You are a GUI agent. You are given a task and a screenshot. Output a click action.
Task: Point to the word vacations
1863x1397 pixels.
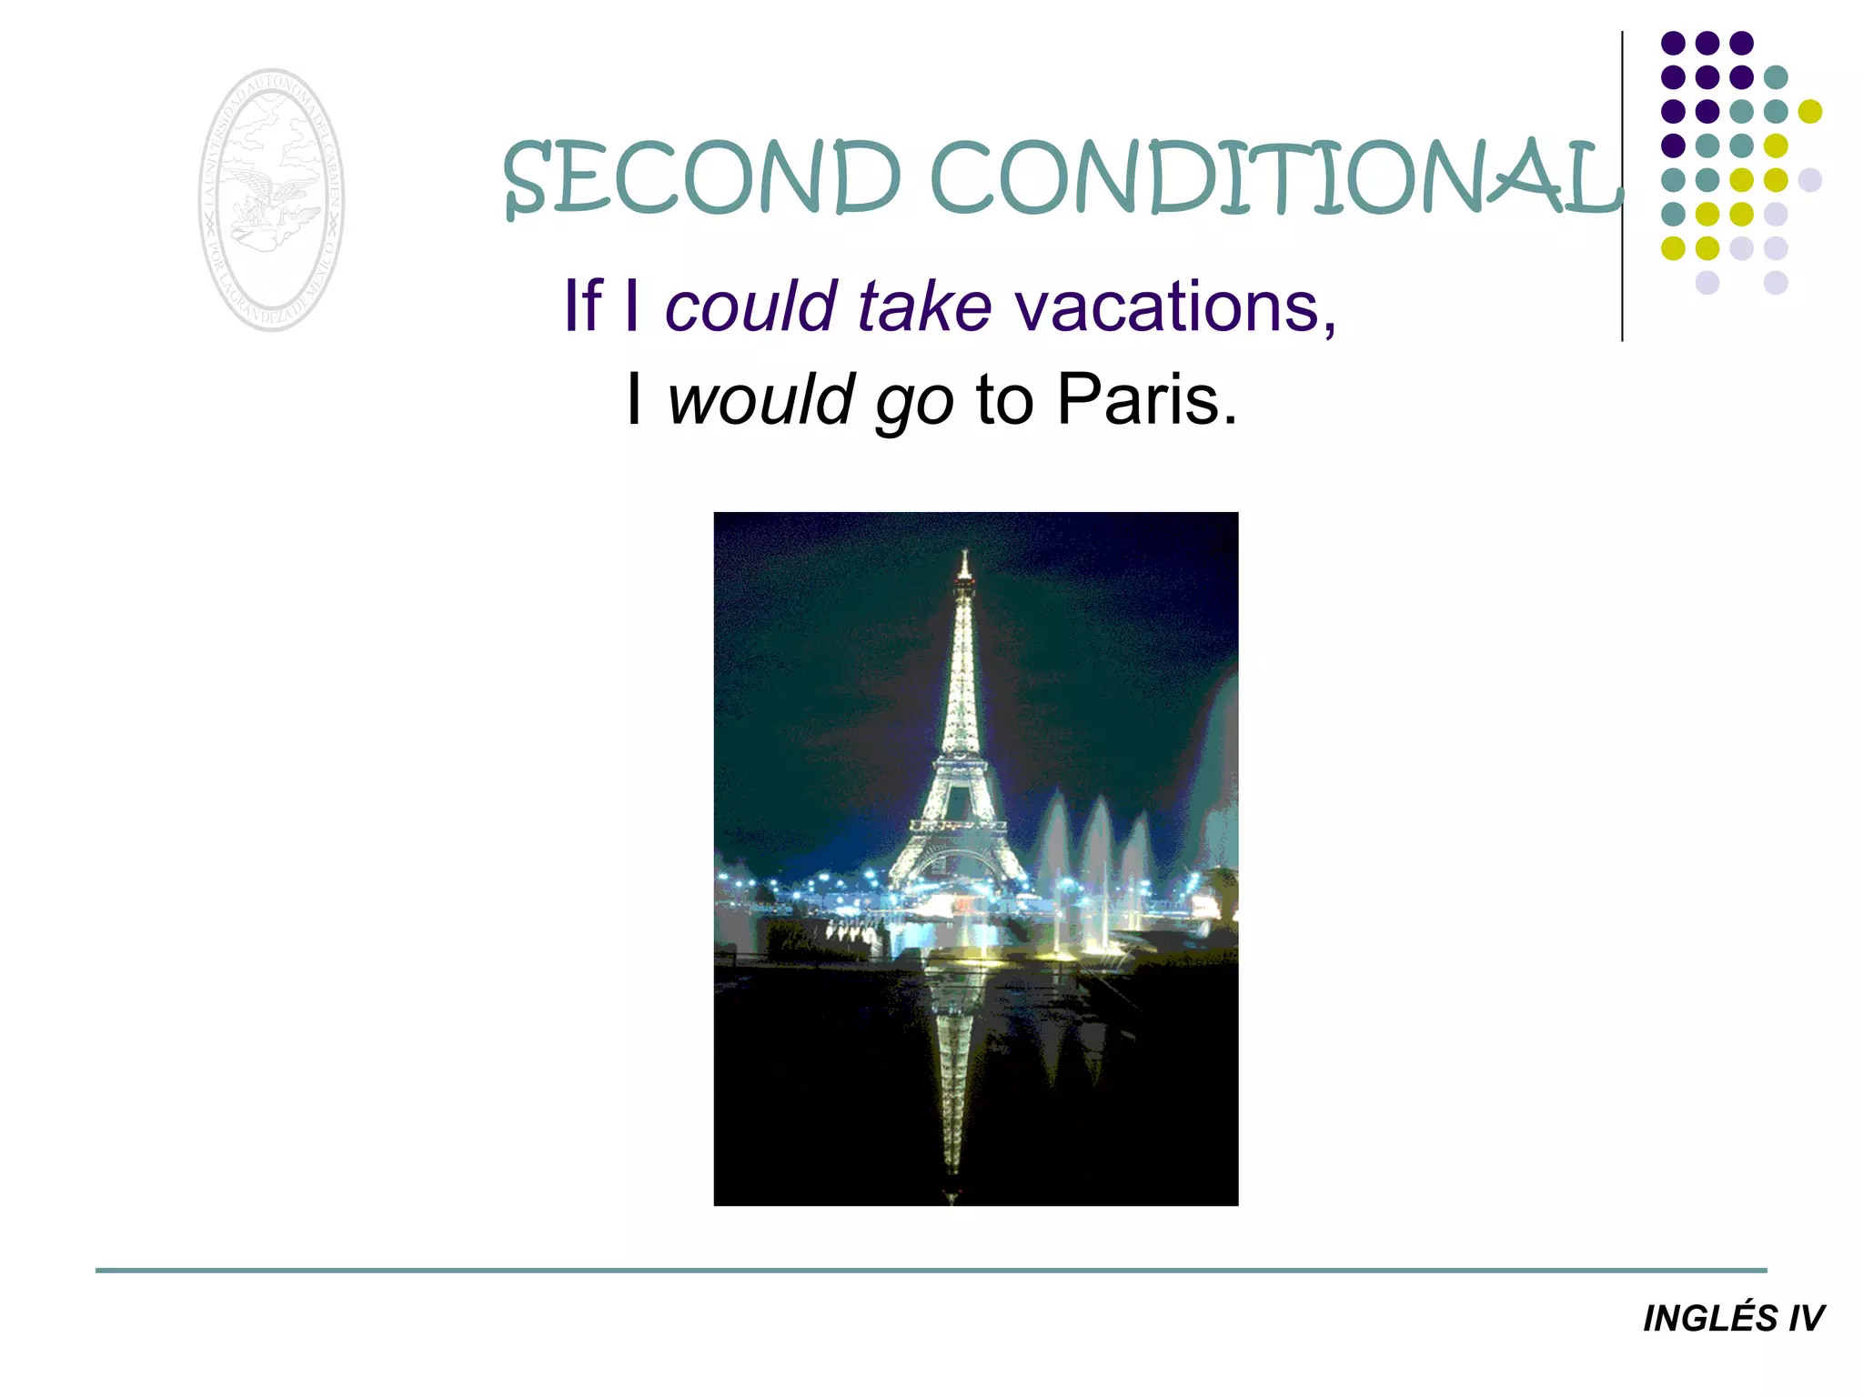pyautogui.click(x=1167, y=307)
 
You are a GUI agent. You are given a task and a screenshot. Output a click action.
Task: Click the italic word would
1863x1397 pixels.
pyautogui.click(x=760, y=400)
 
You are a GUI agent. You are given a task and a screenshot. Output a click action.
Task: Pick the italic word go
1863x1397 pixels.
pyautogui.click(x=914, y=405)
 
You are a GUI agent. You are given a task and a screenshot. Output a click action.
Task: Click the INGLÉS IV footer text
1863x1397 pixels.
pyautogui.click(x=1733, y=1319)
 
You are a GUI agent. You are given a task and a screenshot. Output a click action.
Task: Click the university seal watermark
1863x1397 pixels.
pyautogui.click(x=271, y=200)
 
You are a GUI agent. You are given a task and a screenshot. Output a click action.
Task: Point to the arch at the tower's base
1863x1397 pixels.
pyautogui.click(x=957, y=864)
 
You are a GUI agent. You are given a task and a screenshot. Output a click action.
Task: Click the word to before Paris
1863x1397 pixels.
pyautogui.click(x=1004, y=400)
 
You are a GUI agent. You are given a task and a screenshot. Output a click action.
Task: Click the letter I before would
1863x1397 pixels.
pyautogui.click(x=634, y=400)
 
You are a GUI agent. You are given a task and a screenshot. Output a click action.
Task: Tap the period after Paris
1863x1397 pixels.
pyautogui.click(x=1230, y=421)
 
